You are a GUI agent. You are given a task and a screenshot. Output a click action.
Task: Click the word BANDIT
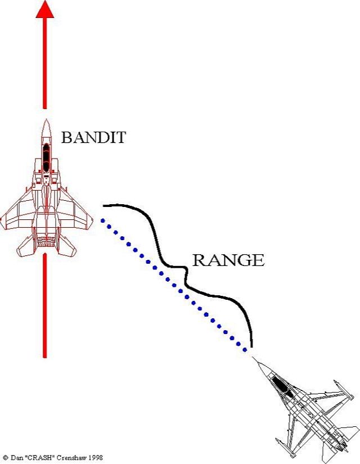point(93,138)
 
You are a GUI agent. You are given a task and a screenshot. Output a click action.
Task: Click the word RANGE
point(228,260)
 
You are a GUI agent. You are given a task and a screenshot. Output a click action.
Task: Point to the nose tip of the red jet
point(46,120)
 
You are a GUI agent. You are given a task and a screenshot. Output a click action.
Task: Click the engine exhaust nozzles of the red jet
point(46,242)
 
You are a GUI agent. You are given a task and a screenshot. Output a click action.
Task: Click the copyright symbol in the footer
point(5,458)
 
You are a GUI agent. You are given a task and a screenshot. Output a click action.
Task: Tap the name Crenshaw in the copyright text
point(69,458)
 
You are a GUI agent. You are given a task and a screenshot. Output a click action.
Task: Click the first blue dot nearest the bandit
point(103,220)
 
